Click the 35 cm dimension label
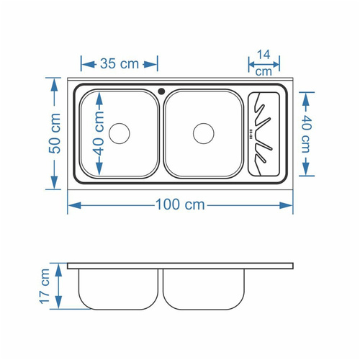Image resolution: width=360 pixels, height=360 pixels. [120, 64]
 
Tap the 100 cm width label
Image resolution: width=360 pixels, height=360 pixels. [180, 204]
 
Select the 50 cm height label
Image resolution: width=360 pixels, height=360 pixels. [55, 133]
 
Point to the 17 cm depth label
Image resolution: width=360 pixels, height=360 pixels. [45, 287]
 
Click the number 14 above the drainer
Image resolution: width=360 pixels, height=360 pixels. [264, 55]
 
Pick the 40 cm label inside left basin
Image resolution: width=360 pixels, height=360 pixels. [99, 134]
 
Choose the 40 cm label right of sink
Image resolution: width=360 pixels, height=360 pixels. [306, 134]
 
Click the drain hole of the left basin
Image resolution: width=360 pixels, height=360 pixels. [120, 133]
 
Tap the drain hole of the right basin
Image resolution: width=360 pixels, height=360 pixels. [204, 133]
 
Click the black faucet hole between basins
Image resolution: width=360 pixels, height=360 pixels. [161, 91]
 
